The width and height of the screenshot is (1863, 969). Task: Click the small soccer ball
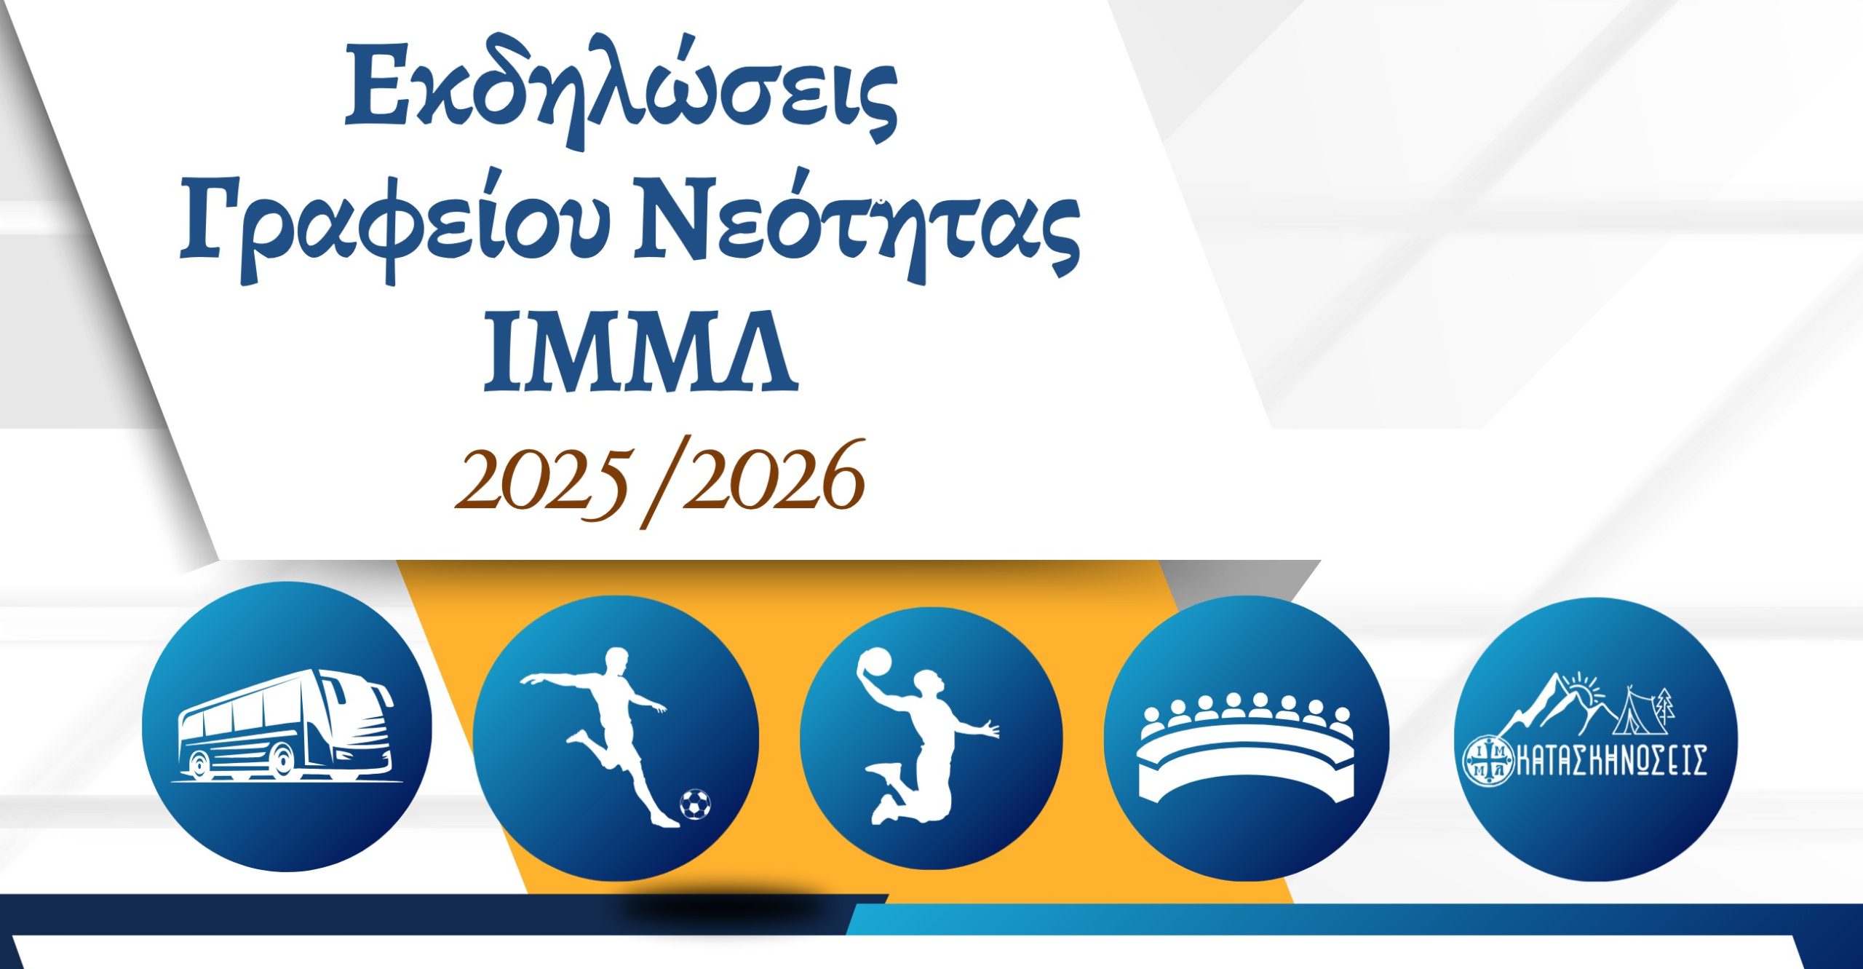tap(695, 804)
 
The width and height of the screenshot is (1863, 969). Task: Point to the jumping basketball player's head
tap(929, 684)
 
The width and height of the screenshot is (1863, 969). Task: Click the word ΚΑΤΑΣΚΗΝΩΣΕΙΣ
tap(1611, 760)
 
